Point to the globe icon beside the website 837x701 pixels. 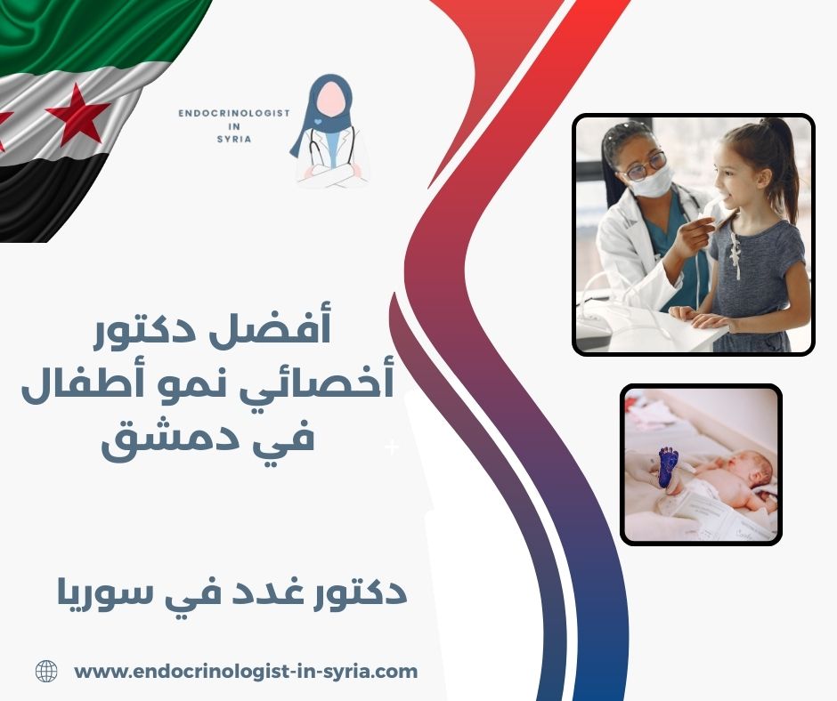click(x=46, y=672)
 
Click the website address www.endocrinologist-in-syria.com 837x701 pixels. click(x=246, y=672)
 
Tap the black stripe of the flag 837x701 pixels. click(x=45, y=200)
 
